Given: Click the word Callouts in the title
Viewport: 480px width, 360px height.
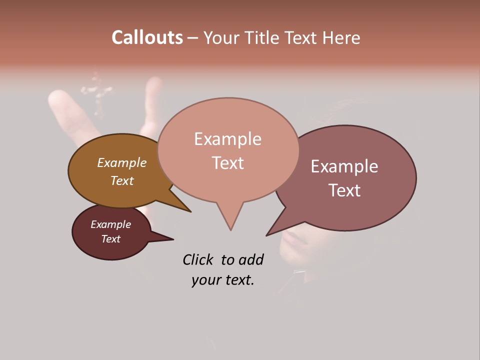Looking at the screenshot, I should tap(147, 37).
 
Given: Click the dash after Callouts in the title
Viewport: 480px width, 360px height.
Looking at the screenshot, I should tap(193, 38).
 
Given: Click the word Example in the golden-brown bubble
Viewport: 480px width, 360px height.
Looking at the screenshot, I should tap(121, 162).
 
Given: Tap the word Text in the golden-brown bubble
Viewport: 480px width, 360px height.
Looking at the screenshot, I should tap(121, 180).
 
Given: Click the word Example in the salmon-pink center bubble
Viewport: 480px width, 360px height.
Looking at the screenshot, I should tap(227, 139).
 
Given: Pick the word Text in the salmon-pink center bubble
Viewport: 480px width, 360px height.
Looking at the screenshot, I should tap(227, 163).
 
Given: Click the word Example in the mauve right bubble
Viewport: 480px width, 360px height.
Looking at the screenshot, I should tap(344, 166).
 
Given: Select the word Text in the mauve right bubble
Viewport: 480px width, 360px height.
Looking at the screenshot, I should tap(344, 190).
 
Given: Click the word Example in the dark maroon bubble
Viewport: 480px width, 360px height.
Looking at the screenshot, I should tap(110, 224).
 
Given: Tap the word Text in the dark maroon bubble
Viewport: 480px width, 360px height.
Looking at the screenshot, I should tap(110, 239).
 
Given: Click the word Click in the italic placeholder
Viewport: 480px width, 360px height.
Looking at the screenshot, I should tap(198, 259).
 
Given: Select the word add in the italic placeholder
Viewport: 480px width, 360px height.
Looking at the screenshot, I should tap(251, 259).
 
